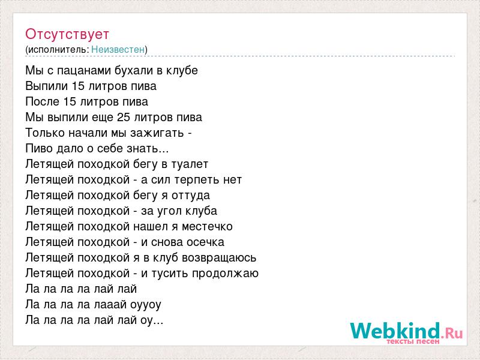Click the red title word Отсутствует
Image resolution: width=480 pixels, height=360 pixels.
pos(67,34)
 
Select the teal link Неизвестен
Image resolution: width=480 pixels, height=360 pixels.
pos(118,49)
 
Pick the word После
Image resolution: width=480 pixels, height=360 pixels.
pos(42,101)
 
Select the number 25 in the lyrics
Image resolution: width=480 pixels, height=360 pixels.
pos(124,117)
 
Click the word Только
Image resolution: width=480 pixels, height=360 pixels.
pos(46,133)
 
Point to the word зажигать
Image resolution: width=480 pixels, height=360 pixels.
pos(157,133)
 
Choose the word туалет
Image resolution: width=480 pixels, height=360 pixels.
pos(190,164)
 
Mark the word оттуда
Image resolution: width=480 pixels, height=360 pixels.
pos(191,196)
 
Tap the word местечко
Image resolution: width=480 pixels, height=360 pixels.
pos(207,227)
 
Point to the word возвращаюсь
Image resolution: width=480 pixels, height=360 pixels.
pos(219,258)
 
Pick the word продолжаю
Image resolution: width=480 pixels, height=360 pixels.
pos(226,274)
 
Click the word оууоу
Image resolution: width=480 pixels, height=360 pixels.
pos(146,305)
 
